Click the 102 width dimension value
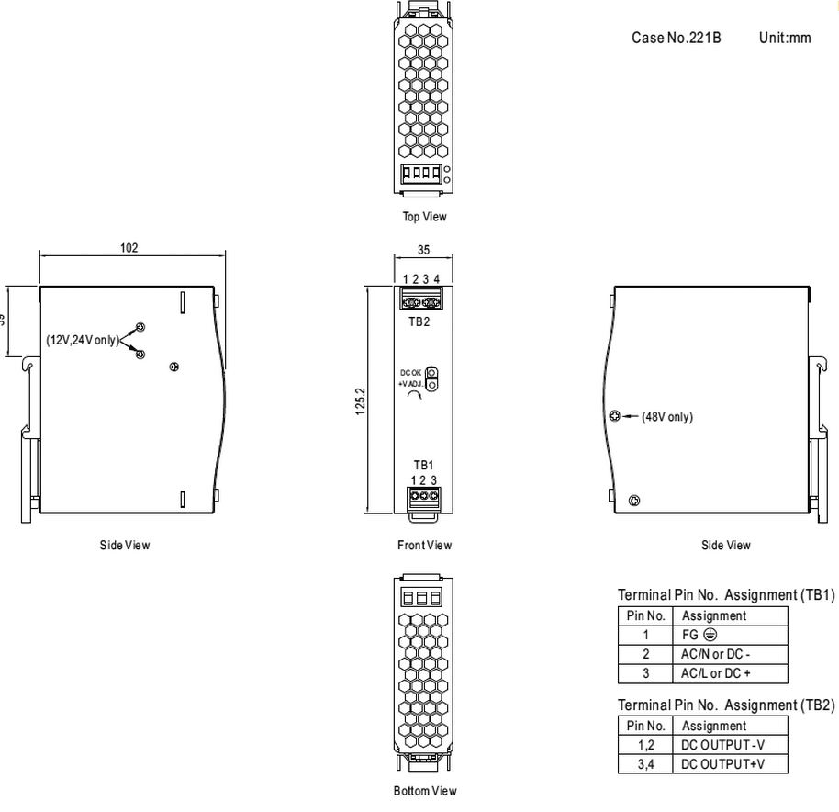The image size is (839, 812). click(x=129, y=248)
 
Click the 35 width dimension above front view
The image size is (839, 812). click(x=423, y=250)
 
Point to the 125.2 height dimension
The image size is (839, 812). click(x=360, y=401)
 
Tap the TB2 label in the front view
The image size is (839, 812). click(x=419, y=321)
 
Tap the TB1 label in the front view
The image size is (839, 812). click(x=423, y=465)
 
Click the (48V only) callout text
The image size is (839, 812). click(x=667, y=416)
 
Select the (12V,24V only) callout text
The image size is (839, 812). click(x=83, y=340)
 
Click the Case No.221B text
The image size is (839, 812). click(x=677, y=38)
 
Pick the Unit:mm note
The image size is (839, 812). click(x=785, y=38)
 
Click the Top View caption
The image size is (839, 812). click(x=424, y=217)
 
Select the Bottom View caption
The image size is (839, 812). click(x=425, y=791)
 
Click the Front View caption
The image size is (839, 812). click(x=424, y=545)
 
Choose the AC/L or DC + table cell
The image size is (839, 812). click(x=715, y=673)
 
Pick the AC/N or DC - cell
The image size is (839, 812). click(x=715, y=654)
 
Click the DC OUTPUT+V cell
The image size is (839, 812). click(x=723, y=764)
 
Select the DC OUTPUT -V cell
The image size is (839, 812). click(x=723, y=745)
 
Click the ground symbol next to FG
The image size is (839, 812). click(x=710, y=635)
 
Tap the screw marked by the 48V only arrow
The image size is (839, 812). click(x=615, y=416)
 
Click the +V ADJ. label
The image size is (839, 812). click(x=410, y=384)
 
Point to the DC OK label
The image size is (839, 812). click(x=411, y=373)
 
